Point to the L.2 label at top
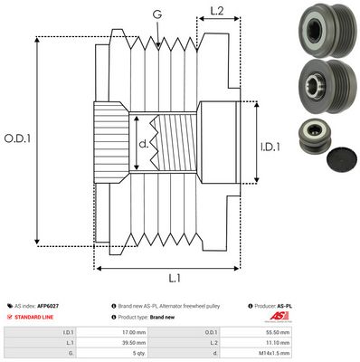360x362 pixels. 217,12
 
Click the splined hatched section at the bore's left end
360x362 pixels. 110,141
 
